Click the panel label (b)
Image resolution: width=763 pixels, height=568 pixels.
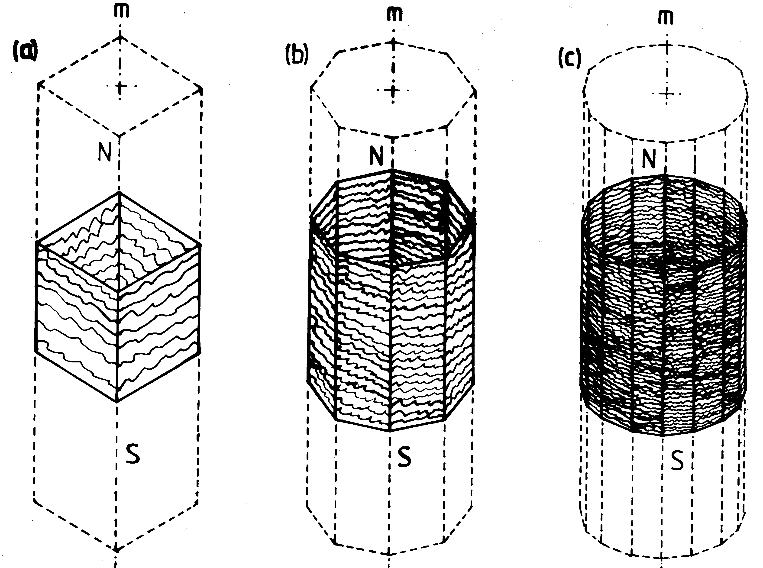[x=297, y=55]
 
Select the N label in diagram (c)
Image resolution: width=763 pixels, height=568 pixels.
[x=649, y=159]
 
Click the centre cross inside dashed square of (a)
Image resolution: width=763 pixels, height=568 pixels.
[x=120, y=86]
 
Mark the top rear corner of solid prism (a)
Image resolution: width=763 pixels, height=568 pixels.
[x=119, y=193]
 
